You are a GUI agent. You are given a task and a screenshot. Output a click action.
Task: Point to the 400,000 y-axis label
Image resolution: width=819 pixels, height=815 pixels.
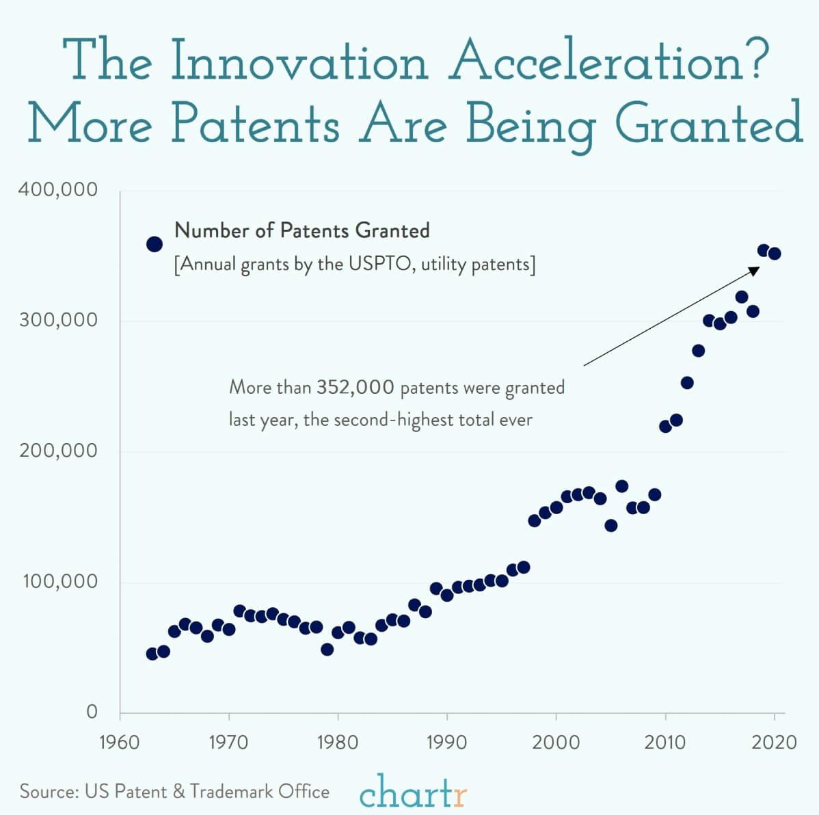point(57,189)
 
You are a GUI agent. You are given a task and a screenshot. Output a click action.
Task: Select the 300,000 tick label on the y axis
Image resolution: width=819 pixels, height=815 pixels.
point(57,320)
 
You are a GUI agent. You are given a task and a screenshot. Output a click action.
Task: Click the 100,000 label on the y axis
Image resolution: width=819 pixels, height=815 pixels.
point(57,582)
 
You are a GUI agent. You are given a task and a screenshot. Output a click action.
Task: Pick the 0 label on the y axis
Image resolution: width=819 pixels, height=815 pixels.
point(92,712)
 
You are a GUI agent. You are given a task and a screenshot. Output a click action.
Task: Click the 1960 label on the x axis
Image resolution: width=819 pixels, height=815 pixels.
point(120,742)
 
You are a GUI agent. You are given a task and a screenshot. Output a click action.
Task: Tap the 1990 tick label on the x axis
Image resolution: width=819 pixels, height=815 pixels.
point(447,742)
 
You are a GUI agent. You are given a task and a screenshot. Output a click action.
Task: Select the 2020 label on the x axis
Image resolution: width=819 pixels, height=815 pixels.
point(774,742)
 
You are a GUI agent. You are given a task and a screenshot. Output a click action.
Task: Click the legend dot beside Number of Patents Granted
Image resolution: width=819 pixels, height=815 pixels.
point(155,244)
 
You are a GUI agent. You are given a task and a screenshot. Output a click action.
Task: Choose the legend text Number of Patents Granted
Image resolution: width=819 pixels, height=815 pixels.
point(302,230)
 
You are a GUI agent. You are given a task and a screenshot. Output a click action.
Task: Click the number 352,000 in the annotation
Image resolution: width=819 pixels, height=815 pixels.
point(355,388)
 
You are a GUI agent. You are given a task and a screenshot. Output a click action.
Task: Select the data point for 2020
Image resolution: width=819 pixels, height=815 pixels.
point(775,254)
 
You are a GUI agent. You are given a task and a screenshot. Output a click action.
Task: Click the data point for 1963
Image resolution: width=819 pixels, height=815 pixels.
point(152,654)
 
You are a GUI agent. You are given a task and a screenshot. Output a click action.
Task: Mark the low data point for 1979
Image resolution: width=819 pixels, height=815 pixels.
point(327,649)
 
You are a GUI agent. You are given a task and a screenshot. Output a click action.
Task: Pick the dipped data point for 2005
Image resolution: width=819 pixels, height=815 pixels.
point(611,525)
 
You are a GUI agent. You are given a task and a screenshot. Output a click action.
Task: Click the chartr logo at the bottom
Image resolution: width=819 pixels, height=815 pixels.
point(414,792)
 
